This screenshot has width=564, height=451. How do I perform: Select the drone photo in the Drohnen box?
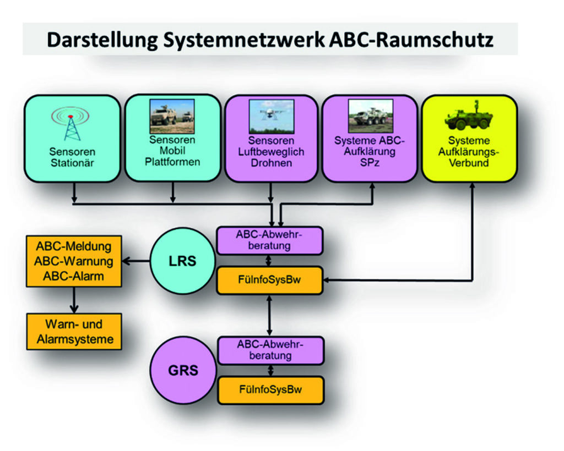tap(271, 116)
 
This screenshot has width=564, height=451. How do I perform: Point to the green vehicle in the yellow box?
tap(468, 118)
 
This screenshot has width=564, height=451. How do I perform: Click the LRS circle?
tap(182, 261)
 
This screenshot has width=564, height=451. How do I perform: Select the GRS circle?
tap(182, 370)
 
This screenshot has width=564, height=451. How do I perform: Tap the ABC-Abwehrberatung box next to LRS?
tap(270, 240)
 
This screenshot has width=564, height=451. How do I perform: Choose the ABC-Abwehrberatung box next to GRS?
tap(270, 350)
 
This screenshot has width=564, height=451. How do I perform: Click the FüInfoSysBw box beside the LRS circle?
tap(270, 280)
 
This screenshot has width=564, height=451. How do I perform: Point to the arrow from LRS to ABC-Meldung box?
tap(136, 261)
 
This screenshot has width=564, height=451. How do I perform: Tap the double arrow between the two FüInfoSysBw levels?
tap(270, 315)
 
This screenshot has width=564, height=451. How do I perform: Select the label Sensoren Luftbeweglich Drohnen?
tap(270, 151)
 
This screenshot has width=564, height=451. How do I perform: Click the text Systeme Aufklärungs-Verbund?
tap(469, 151)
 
